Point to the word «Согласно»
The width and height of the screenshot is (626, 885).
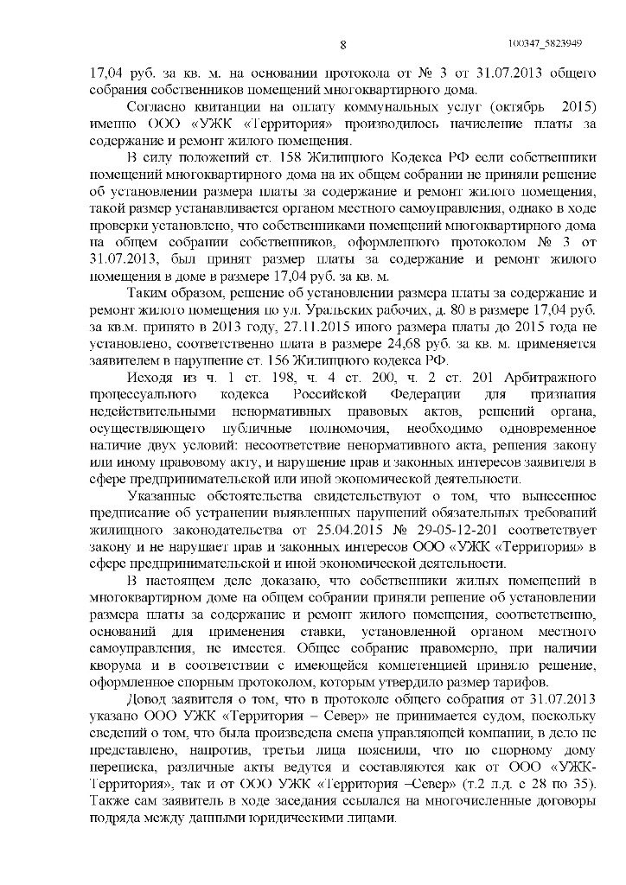(154, 108)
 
